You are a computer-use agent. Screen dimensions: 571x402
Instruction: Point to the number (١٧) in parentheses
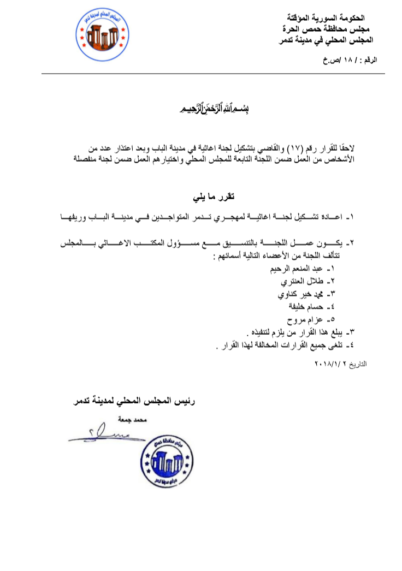pos(294,147)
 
